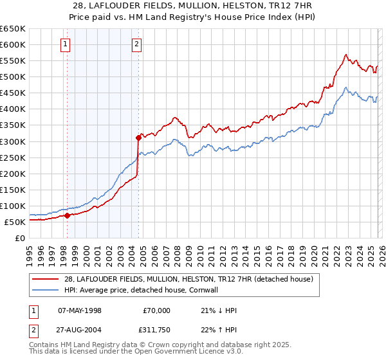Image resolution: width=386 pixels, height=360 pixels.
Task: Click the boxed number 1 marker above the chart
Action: click(x=66, y=44)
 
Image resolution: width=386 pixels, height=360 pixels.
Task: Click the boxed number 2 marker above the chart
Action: click(x=138, y=44)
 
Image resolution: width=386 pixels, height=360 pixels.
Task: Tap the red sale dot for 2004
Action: click(x=138, y=137)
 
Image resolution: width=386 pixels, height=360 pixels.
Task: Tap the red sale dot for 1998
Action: click(x=67, y=215)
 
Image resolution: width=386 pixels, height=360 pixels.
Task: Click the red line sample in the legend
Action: click(x=46, y=279)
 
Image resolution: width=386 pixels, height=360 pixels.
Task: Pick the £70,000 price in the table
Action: click(x=156, y=310)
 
